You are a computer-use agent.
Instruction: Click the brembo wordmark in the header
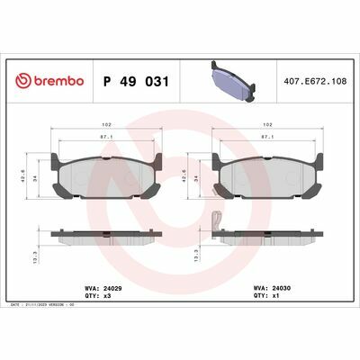(58, 82)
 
